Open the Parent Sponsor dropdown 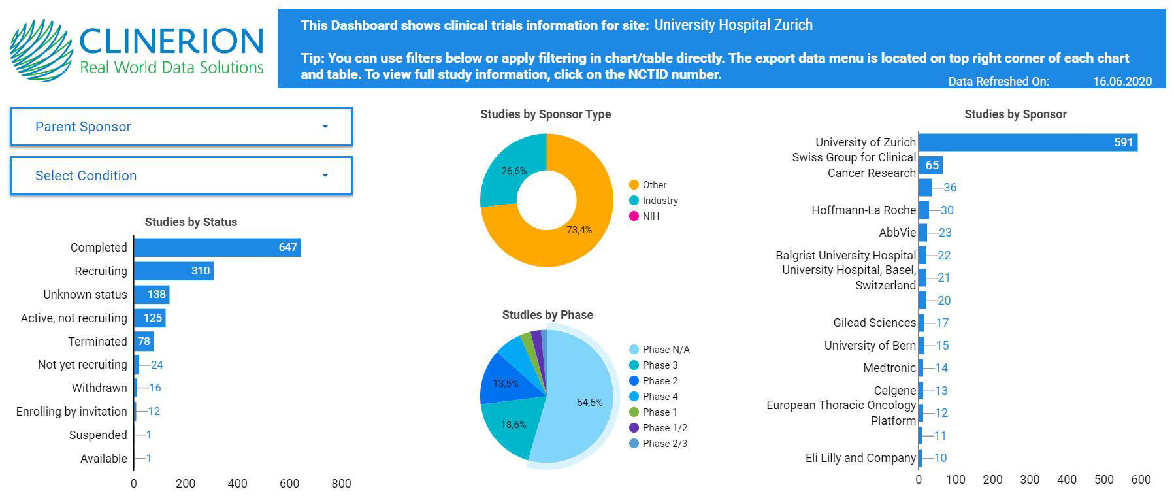coord(181,127)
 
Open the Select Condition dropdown coord(181,176)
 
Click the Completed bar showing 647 coord(217,248)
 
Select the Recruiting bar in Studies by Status coord(174,271)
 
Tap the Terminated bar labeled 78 coord(144,341)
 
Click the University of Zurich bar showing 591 coord(1028,142)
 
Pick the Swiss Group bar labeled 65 coord(931,165)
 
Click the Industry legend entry coord(660,201)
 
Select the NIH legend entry coord(651,216)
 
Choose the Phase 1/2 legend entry coord(664,428)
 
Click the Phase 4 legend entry coord(660,397)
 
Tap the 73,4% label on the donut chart coord(579,230)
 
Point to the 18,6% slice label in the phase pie coord(514,425)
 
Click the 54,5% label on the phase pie coord(589,403)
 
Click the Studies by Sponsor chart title coord(1015,114)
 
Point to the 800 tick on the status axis coord(341,484)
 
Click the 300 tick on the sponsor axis coord(1030,480)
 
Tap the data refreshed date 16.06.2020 coord(1122,82)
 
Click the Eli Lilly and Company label coord(860,458)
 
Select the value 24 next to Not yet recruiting coord(157,365)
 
